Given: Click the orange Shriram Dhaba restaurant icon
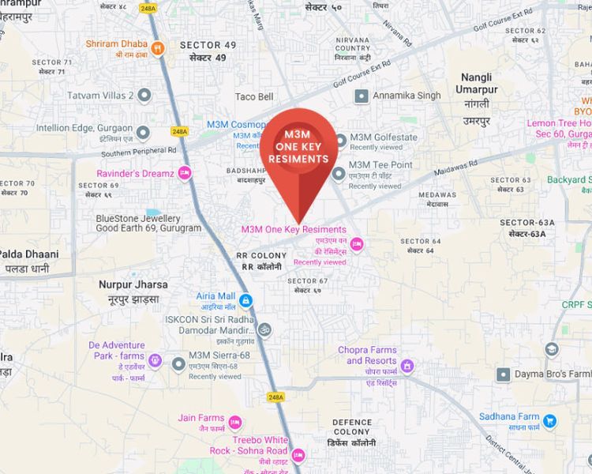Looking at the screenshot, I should (158, 48).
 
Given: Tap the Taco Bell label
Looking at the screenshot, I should (254, 96).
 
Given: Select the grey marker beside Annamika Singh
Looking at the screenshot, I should (362, 96).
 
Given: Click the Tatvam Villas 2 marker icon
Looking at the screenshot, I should (144, 96).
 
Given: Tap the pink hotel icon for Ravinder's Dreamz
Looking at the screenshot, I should (185, 173).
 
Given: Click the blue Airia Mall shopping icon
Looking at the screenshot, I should (245, 301).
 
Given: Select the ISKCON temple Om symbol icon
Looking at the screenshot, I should (264, 325).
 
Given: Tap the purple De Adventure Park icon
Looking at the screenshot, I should (155, 362).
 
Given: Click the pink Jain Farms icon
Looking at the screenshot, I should (234, 423).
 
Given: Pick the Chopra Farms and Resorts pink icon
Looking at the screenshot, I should (407, 365).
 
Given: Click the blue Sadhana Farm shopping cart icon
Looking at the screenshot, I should (550, 422).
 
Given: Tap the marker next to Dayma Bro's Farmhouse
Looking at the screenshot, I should (503, 374).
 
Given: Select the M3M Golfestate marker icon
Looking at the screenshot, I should (340, 141).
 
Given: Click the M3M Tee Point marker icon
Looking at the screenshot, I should (339, 174).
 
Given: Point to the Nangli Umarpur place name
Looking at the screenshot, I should (478, 84).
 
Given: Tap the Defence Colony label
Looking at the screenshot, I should (351, 427).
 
